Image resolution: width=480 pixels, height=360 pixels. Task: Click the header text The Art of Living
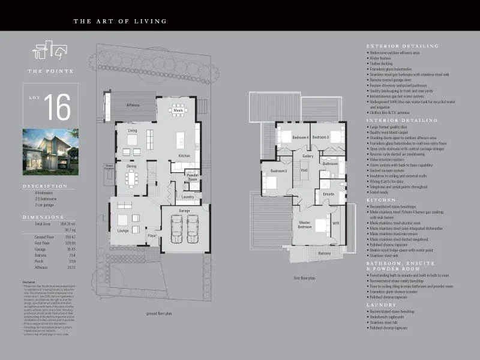click(x=120, y=22)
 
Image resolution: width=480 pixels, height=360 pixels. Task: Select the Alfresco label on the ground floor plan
click(x=133, y=105)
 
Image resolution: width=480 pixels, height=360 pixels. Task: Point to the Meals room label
click(x=178, y=110)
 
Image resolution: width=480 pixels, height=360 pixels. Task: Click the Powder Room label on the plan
click(x=193, y=177)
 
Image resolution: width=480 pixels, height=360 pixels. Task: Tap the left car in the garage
click(x=177, y=228)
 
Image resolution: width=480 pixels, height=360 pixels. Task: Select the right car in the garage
click(x=193, y=228)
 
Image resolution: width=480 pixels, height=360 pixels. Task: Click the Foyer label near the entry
click(x=152, y=235)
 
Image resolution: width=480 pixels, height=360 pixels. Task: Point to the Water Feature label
click(x=110, y=167)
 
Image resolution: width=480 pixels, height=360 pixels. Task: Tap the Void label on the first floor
click(x=304, y=170)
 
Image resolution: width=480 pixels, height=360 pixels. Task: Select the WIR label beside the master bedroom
click(x=335, y=223)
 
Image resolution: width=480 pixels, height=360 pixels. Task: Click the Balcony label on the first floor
click(x=324, y=253)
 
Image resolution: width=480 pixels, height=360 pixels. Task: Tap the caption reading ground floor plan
click(x=160, y=313)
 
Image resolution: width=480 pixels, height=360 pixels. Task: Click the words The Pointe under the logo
click(x=51, y=71)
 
